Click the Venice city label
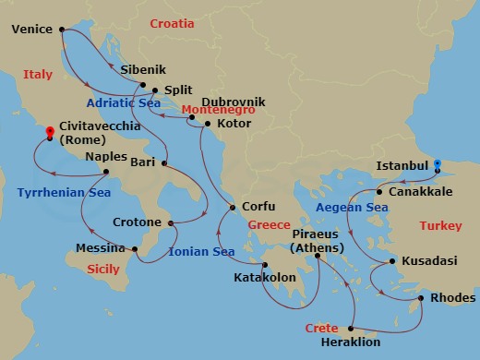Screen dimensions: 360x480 click(33, 29)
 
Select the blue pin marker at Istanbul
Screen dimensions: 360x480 click(438, 164)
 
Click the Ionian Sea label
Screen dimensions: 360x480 click(202, 251)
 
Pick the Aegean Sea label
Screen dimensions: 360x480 click(351, 210)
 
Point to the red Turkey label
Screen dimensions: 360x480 click(439, 225)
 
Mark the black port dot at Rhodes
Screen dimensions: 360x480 click(421, 298)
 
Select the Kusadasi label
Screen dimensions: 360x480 click(429, 261)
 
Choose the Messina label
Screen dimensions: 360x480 click(101, 248)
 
